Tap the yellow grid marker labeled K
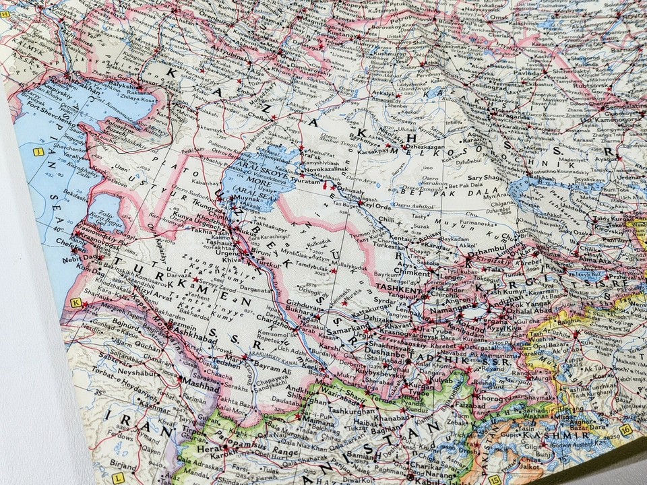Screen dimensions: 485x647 coord(75,302)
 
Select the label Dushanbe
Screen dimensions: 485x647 coord(385,350)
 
